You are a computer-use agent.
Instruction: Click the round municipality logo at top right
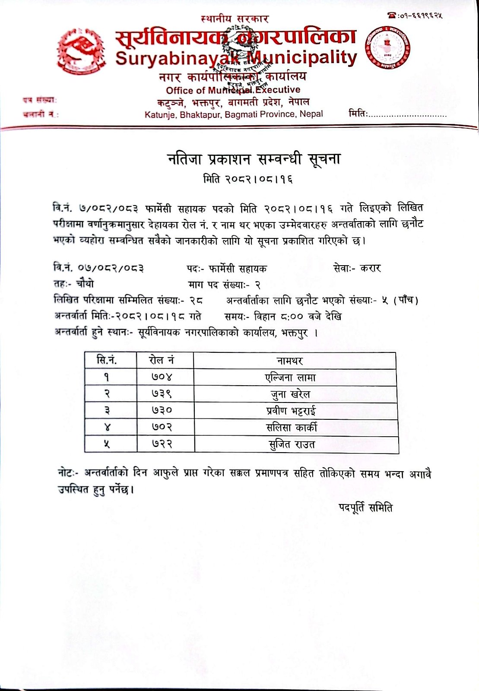[388, 48]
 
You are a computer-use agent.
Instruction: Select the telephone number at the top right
[416, 16]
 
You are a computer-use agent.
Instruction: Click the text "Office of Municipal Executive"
[233, 90]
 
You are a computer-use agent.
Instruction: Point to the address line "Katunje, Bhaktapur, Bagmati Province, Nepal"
[234, 114]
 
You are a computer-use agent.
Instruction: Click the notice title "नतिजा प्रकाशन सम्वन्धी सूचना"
[254, 160]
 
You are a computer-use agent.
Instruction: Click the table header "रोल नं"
[161, 360]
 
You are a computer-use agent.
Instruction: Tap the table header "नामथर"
[290, 361]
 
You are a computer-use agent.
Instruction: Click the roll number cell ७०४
[162, 377]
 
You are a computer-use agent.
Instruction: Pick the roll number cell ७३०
[162, 410]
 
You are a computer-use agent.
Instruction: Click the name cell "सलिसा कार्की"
[291, 428]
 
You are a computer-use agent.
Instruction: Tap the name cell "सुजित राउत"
[291, 444]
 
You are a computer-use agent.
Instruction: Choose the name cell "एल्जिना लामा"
[290, 378]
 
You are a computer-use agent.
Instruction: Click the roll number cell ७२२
[162, 444]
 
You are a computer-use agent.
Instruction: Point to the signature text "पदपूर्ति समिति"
[365, 508]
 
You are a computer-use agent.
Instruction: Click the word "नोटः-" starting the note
[70, 473]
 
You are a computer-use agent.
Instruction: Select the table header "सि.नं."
[107, 360]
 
